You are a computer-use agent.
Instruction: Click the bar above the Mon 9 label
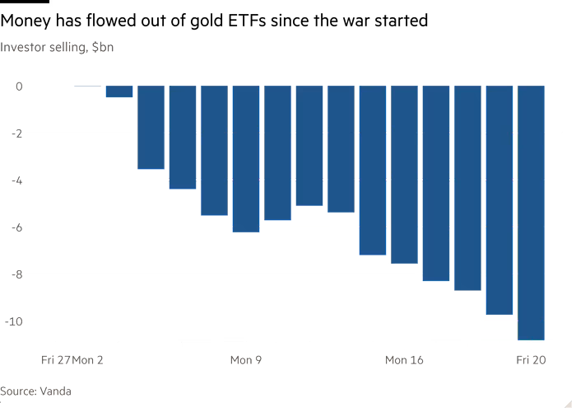(245, 159)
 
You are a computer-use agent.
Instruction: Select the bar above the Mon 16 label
(403, 175)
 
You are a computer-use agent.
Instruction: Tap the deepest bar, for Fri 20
(530, 213)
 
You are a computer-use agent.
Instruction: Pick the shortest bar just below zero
(118, 91)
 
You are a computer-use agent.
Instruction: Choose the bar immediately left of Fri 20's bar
(499, 200)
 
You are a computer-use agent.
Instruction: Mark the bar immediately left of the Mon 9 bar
(214, 150)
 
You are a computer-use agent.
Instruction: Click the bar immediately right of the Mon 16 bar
(435, 183)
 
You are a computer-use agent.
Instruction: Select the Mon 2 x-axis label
(88, 360)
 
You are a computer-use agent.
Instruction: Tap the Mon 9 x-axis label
(245, 360)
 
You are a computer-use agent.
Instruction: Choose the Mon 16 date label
(403, 360)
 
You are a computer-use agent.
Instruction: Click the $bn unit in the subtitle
(103, 48)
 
